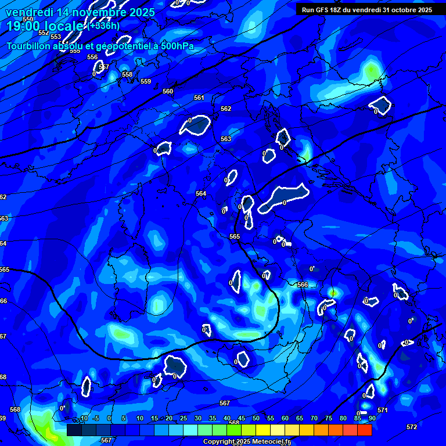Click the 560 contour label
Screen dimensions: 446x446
(x=168, y=91)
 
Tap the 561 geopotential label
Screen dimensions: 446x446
(x=199, y=98)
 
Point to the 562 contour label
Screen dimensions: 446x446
(x=226, y=109)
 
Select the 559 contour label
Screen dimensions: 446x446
(x=146, y=81)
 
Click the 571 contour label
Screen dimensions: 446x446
(x=382, y=410)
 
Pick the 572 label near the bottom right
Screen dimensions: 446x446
(x=411, y=427)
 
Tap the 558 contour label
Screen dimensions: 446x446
(x=127, y=74)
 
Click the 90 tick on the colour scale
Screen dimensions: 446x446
(x=372, y=418)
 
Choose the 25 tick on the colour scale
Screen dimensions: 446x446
(x=184, y=418)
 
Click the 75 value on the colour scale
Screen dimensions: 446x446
(x=329, y=418)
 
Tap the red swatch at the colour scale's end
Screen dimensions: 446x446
(x=364, y=430)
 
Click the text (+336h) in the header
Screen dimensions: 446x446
(x=105, y=26)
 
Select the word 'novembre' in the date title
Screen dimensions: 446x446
(x=88, y=12)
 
